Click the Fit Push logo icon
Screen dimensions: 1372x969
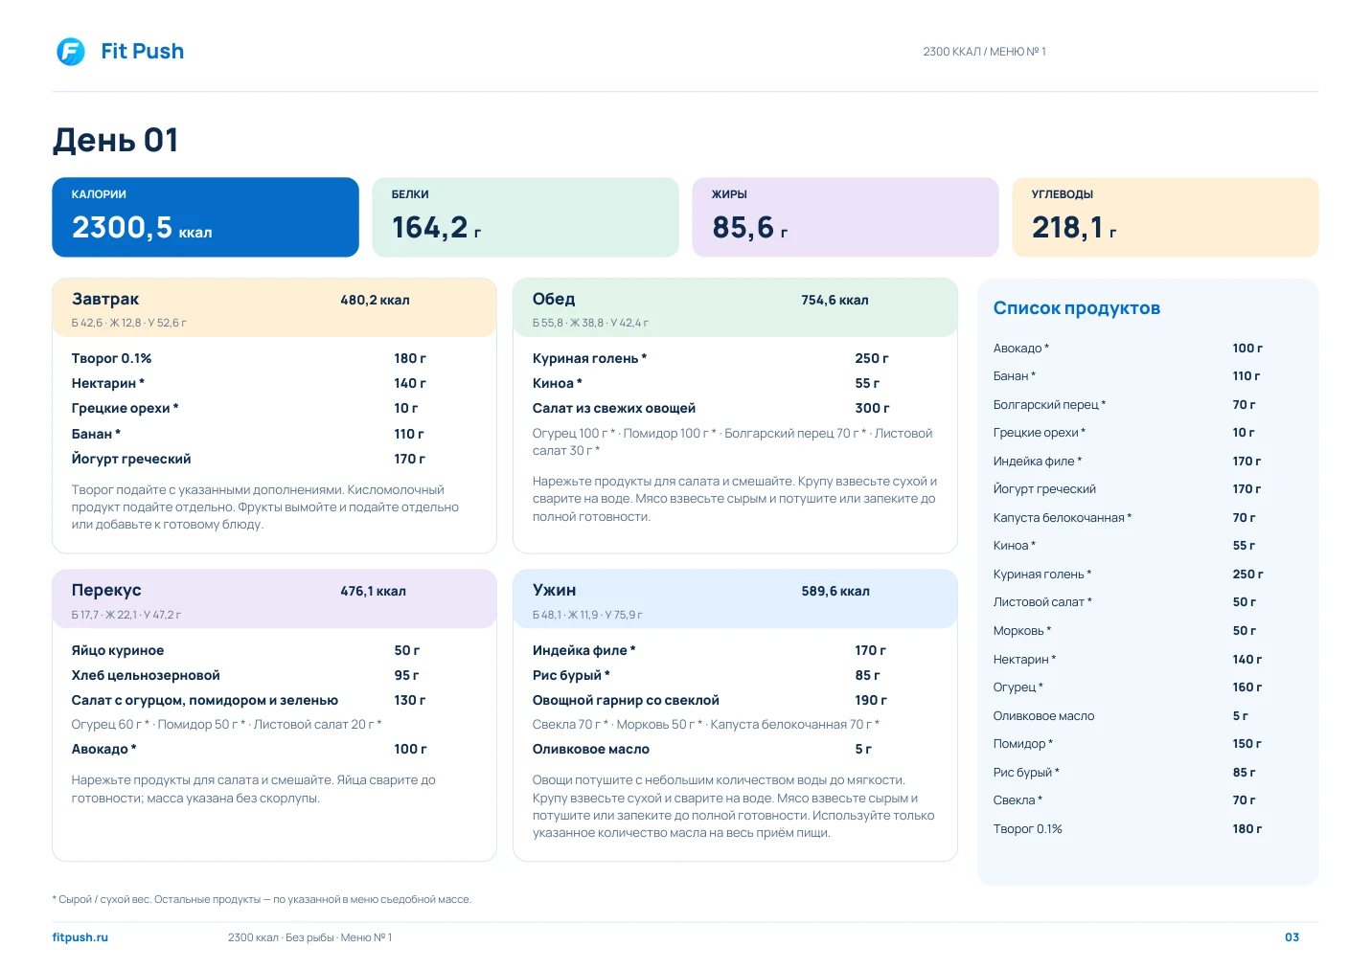71,52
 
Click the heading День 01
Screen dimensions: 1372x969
115,140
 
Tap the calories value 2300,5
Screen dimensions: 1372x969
122,227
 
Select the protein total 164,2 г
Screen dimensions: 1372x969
436,228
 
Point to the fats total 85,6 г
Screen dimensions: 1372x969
749,228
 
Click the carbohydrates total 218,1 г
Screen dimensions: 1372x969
1074,228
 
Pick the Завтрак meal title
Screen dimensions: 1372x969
105,299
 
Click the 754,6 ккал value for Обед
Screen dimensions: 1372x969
835,300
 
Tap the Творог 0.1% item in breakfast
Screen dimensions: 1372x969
111,358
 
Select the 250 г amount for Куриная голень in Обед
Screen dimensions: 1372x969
872,358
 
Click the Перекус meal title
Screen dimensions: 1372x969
106,590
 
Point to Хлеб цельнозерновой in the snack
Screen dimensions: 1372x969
146,675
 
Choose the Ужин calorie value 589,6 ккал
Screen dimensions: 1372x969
835,592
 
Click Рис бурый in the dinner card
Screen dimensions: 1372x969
571,675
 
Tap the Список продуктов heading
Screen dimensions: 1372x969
1077,308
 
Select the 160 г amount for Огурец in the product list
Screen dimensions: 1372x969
1247,687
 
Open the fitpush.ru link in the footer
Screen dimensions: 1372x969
80,937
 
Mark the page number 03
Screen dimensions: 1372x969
1292,937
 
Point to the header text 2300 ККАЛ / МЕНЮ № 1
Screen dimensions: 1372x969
984,52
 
